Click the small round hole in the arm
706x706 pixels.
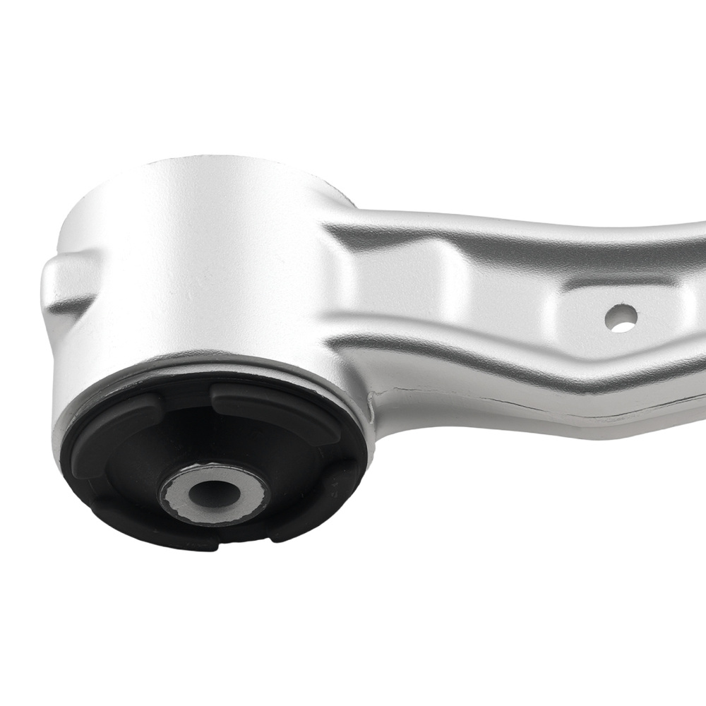coord(621,318)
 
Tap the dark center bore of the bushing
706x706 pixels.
coord(213,489)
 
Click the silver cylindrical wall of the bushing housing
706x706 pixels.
coord(198,282)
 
